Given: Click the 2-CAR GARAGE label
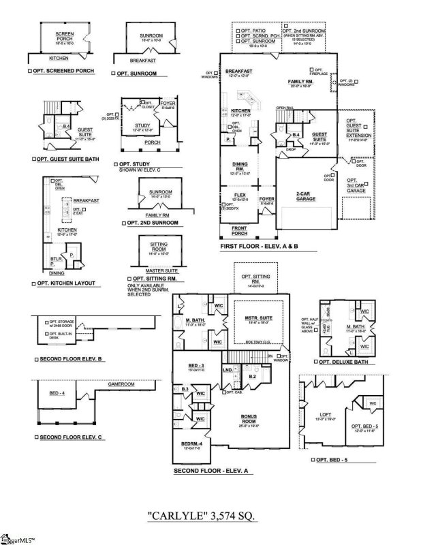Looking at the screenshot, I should pos(304,195).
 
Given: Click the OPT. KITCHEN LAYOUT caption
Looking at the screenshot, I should pos(64,283).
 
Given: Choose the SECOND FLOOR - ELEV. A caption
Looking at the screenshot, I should pos(213,471).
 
